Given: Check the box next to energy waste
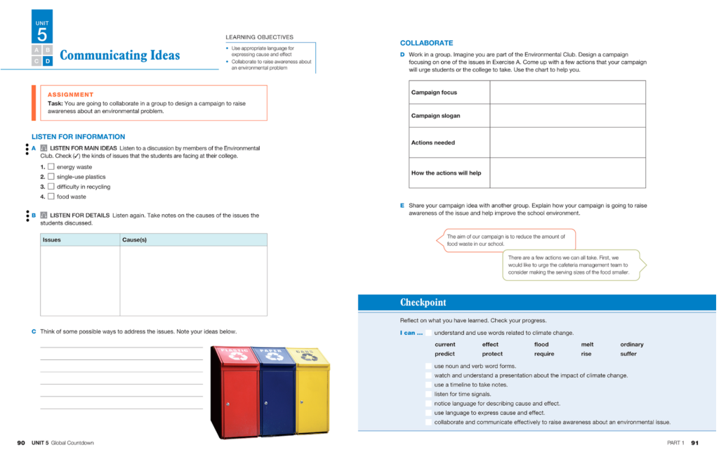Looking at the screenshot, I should point(51,167).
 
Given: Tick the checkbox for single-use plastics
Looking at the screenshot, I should point(51,177).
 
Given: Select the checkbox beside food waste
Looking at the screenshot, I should point(51,197).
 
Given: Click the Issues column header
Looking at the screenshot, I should point(52,240).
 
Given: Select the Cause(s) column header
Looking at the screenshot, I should point(134,240).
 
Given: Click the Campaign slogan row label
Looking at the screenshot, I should point(435,116).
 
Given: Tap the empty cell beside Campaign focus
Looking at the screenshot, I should point(567,93).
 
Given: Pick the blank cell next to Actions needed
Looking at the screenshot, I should point(567,142).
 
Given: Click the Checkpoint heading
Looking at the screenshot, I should point(423,303).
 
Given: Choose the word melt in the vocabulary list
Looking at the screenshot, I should point(587,345).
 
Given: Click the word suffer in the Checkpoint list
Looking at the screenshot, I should point(628,354).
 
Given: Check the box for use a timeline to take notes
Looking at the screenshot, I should point(428,385).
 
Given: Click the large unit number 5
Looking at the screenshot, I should point(42,34).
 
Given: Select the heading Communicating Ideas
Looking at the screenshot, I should point(119,55).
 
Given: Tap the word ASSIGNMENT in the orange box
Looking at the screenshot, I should point(70,95).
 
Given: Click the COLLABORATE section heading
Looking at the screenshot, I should point(426,43).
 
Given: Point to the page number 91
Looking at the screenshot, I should point(694,443).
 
